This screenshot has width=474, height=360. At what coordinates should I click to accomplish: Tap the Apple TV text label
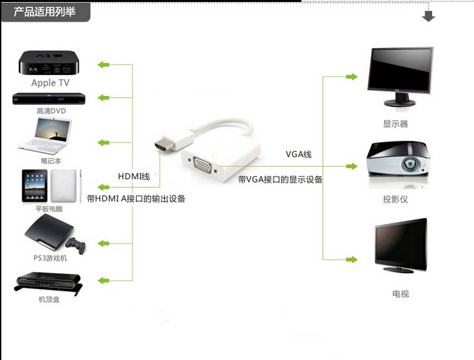(x=50, y=83)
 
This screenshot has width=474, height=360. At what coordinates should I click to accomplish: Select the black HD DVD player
(x=50, y=99)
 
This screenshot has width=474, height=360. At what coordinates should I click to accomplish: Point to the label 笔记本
(x=51, y=160)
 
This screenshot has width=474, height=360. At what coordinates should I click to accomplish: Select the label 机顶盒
(x=50, y=300)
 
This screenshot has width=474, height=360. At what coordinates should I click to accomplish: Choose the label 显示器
(x=395, y=124)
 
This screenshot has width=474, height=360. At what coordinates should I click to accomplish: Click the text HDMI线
(x=134, y=177)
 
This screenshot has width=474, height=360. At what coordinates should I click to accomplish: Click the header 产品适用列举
(x=45, y=11)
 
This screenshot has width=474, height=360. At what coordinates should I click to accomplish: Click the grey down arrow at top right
(x=429, y=15)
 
